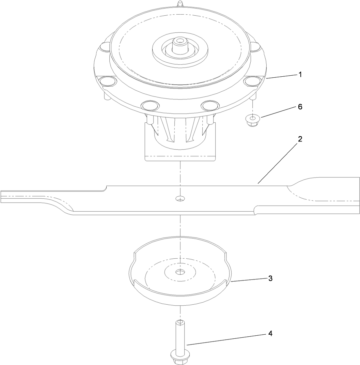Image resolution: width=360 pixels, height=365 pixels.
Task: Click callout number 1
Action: pyautogui.click(x=300, y=74)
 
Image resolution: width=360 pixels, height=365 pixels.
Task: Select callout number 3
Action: pyautogui.click(x=270, y=278)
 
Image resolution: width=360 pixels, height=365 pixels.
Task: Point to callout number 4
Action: pyautogui.click(x=270, y=333)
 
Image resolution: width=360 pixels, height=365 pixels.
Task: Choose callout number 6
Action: pyautogui.click(x=300, y=107)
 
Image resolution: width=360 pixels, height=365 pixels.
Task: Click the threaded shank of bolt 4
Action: pyautogui.click(x=179, y=336)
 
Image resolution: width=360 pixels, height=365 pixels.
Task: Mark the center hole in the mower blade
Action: pyautogui.click(x=179, y=198)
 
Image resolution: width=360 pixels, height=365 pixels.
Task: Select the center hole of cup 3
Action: pyautogui.click(x=179, y=272)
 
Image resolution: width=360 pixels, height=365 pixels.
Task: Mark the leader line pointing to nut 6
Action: pyautogui.click(x=276, y=112)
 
